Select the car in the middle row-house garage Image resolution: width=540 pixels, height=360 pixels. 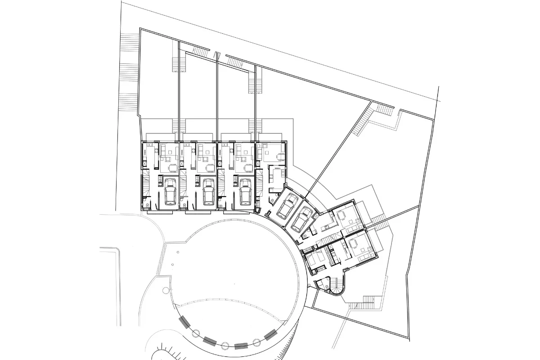tap(208, 192)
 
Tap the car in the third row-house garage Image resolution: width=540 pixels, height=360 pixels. tap(245, 192)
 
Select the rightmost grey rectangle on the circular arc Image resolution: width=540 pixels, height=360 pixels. tap(270, 335)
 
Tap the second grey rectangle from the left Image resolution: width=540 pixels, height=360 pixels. tap(210, 341)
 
